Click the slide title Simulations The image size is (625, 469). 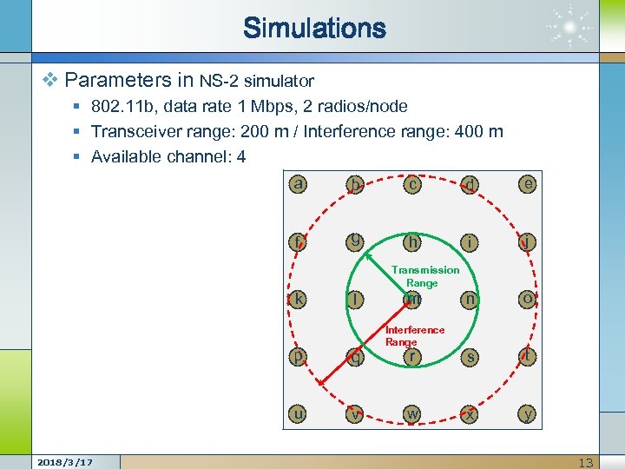click(314, 28)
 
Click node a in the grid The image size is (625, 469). click(299, 184)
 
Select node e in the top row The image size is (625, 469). click(527, 183)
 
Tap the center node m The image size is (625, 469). click(412, 299)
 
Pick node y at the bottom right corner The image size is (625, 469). click(527, 414)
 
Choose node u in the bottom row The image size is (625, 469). click(299, 414)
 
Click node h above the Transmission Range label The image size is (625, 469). click(412, 241)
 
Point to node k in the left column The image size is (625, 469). click(299, 299)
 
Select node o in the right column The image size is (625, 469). click(527, 299)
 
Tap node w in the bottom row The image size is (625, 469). click(412, 414)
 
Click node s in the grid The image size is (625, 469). click(470, 356)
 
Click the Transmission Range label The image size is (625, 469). click(424, 276)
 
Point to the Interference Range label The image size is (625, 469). click(414, 335)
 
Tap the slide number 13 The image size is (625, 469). click(586, 462)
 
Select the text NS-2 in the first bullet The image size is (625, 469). click(219, 82)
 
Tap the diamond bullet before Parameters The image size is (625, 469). click(49, 81)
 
